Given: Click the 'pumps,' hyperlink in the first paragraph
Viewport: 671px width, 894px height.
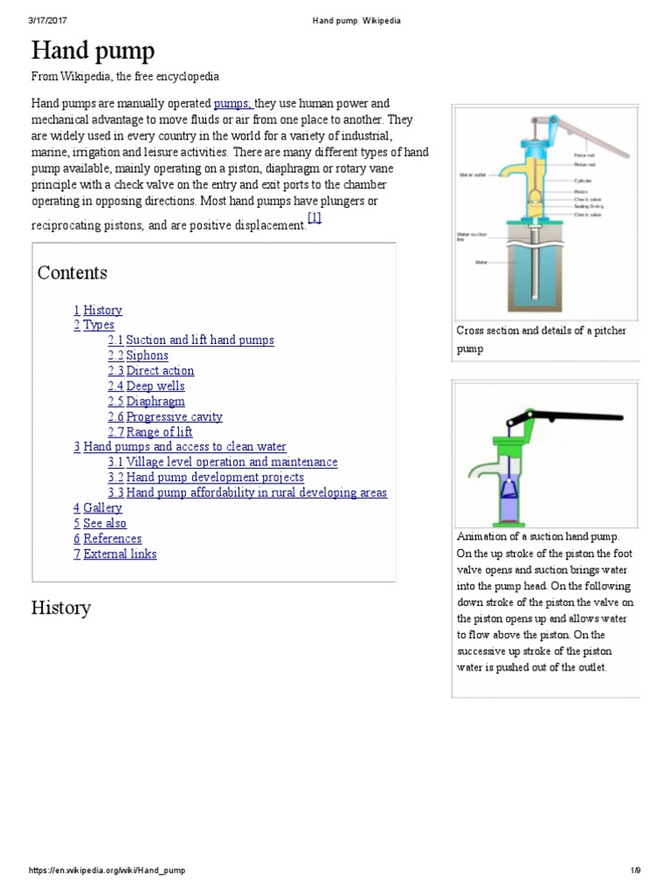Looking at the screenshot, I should pyautogui.click(x=233, y=102).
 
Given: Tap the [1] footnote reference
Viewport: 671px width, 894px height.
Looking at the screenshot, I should pyautogui.click(x=315, y=217).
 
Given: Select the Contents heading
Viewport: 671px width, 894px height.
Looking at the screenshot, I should pyautogui.click(x=73, y=272).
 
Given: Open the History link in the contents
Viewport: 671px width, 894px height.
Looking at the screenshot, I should pyautogui.click(x=102, y=310).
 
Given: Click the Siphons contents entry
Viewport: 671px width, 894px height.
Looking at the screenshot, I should pyautogui.click(x=147, y=355).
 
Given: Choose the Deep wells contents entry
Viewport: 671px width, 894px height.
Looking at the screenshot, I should pyautogui.click(x=155, y=386).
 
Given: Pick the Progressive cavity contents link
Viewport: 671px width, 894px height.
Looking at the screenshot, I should pyautogui.click(x=174, y=416).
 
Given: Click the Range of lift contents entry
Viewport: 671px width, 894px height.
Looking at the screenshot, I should pyautogui.click(x=159, y=432).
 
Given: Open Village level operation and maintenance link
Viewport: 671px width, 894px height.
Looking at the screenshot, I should pyautogui.click(x=232, y=462).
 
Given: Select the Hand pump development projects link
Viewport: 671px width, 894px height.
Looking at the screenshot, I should pyautogui.click(x=215, y=478).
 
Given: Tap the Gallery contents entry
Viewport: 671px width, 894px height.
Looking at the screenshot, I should pyautogui.click(x=102, y=508).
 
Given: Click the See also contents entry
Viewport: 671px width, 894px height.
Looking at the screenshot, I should pyautogui.click(x=105, y=523).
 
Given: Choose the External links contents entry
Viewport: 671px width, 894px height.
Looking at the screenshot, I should pyautogui.click(x=120, y=554).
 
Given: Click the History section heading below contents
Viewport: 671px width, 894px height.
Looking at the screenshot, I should pyautogui.click(x=61, y=608).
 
